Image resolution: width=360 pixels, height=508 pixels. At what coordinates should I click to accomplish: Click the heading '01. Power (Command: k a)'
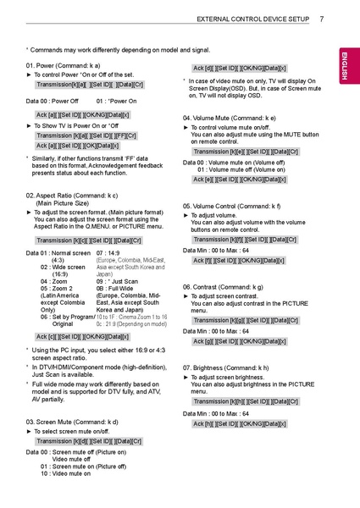(x=64, y=65)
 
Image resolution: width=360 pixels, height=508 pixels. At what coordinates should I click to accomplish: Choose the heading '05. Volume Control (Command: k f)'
(x=231, y=206)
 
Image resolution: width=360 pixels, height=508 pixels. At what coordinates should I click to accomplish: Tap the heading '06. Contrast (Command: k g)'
(x=223, y=287)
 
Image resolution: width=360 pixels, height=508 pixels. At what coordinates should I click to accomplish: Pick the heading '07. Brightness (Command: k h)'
(x=226, y=368)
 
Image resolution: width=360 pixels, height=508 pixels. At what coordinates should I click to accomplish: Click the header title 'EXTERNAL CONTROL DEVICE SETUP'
(x=252, y=19)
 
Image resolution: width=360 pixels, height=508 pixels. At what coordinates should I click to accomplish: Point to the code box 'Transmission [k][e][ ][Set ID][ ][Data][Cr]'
(x=246, y=152)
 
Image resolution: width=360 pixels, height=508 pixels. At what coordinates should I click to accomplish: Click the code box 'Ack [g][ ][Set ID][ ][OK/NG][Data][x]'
(x=241, y=340)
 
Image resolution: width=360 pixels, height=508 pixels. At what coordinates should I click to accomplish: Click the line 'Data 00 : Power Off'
(x=53, y=101)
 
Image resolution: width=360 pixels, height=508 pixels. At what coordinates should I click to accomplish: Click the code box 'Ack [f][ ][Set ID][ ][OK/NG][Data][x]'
(x=240, y=260)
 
